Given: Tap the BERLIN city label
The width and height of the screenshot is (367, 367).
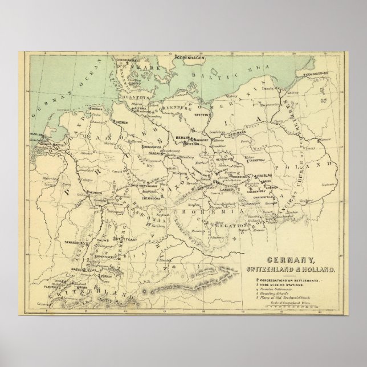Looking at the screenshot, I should tap(182, 138).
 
